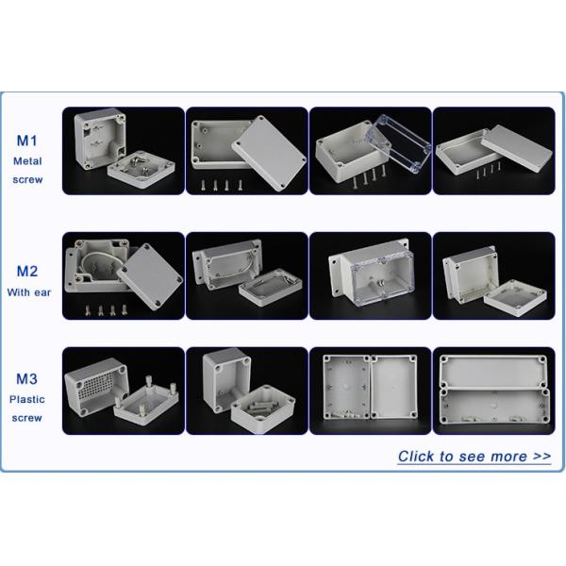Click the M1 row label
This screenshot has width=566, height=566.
pyautogui.click(x=26, y=141)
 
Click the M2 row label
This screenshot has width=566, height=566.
pyautogui.click(x=27, y=271)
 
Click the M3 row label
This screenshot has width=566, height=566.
pyautogui.click(x=26, y=378)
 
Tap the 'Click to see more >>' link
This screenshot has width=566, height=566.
pyautogui.click(x=474, y=457)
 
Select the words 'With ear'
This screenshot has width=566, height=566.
pyautogui.click(x=29, y=292)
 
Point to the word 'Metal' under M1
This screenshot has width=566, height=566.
pyautogui.click(x=27, y=161)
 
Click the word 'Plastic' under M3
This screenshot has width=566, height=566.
pyautogui.click(x=27, y=399)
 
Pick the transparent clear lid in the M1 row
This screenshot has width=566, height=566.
pyautogui.click(x=399, y=143)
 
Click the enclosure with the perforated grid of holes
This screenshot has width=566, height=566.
pyautogui.click(x=97, y=387)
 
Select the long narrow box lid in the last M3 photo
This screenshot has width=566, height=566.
pyautogui.click(x=493, y=372)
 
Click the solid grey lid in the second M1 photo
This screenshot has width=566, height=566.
pyautogui.click(x=269, y=153)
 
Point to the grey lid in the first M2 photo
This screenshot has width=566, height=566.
pyautogui.click(x=150, y=276)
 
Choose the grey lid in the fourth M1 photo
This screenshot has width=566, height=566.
pyautogui.click(x=517, y=147)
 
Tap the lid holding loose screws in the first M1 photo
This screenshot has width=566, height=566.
pyautogui.click(x=141, y=169)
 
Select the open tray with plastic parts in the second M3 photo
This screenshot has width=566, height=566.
pyautogui.click(x=263, y=408)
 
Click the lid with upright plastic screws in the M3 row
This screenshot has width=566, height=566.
pyautogui.click(x=146, y=401)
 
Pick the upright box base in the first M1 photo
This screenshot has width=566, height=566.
pyautogui.click(x=100, y=139)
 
